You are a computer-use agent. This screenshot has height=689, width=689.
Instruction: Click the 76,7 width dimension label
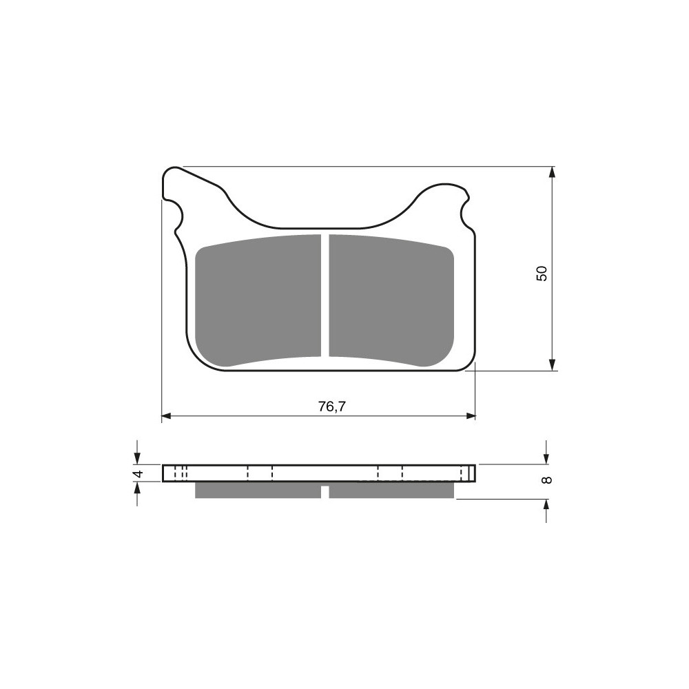[x=332, y=407]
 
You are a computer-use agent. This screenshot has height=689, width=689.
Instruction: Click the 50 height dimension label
[x=542, y=274]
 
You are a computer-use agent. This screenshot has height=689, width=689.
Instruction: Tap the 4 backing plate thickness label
[x=138, y=474]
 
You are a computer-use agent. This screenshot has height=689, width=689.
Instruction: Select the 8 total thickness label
[x=546, y=480]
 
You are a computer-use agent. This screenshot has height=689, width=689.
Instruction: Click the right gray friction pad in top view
[x=391, y=301]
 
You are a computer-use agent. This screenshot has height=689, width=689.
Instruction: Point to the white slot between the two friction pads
[x=325, y=296]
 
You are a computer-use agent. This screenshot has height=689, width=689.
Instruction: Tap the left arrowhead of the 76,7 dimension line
[x=166, y=415]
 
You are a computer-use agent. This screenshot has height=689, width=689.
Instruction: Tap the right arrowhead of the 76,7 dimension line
[x=471, y=415]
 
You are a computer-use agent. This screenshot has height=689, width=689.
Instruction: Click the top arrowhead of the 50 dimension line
[x=553, y=172]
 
